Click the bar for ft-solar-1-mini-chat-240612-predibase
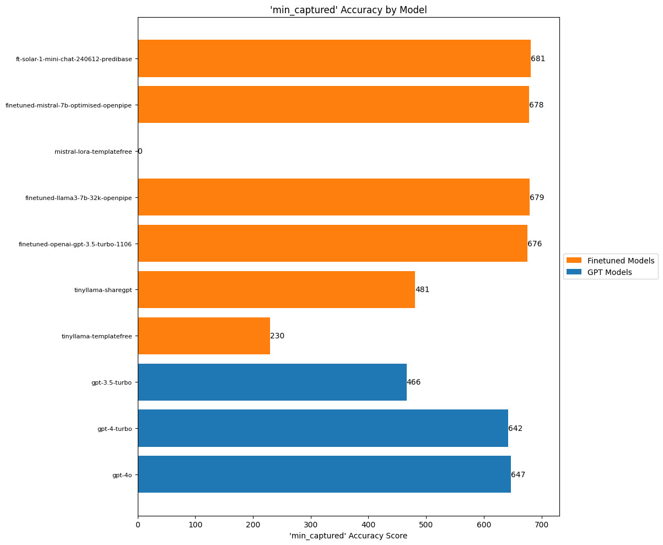(334, 58)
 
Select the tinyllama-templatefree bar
(204, 336)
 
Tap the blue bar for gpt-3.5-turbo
(272, 382)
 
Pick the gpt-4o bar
(324, 474)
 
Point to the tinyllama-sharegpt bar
(276, 290)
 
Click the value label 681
(538, 58)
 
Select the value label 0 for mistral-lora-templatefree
(140, 151)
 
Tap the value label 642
(515, 428)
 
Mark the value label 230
(277, 336)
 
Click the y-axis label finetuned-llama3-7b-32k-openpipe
(78, 198)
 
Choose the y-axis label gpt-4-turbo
(115, 429)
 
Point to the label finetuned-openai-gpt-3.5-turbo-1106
(75, 244)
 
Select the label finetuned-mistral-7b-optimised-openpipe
(68, 105)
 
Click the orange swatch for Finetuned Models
(574, 260)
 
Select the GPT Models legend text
(610, 272)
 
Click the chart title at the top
(348, 9)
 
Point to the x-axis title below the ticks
(348, 536)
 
